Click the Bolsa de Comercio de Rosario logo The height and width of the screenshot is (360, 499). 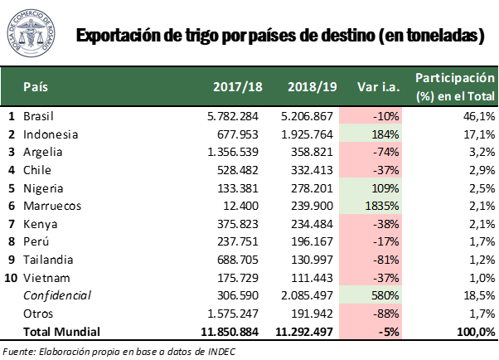[x=31, y=33]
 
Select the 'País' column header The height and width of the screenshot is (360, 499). [x=36, y=86]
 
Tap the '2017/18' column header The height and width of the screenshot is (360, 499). [x=238, y=86]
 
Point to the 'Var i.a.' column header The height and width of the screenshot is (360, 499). [x=378, y=86]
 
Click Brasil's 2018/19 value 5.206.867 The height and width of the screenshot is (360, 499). [x=307, y=116]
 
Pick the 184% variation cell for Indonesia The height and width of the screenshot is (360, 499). [x=371, y=134]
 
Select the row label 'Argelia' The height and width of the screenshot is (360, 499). [x=42, y=153]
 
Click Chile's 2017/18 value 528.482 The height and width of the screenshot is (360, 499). [x=237, y=170]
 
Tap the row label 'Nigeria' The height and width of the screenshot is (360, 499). [x=43, y=188]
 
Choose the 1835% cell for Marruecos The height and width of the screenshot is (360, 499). [x=371, y=206]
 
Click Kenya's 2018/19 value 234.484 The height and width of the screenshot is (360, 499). [x=312, y=224]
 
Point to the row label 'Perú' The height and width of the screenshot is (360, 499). [x=36, y=241]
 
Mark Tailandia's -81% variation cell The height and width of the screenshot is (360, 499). [x=371, y=260]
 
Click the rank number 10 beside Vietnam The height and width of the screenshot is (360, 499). [x=11, y=278]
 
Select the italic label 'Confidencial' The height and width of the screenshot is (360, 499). [x=57, y=295]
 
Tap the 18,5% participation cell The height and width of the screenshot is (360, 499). [x=479, y=295]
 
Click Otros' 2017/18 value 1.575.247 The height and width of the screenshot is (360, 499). [x=233, y=314]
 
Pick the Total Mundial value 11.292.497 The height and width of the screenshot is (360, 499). [x=304, y=332]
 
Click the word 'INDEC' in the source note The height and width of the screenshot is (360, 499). [x=222, y=352]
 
